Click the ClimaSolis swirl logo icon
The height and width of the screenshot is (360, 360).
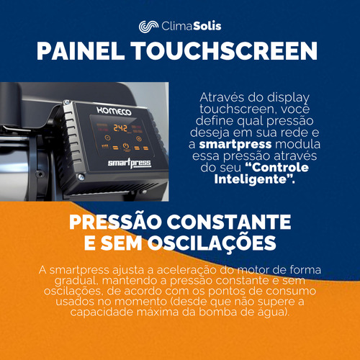point(148,26)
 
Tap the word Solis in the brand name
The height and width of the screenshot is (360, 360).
point(207,26)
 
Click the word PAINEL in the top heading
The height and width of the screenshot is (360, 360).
point(81,51)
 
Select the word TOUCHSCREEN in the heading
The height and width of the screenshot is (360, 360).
point(225,51)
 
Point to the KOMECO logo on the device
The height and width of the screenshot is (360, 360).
point(114,111)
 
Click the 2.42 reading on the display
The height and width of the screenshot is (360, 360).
point(120,128)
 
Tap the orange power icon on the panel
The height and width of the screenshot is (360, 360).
point(126,145)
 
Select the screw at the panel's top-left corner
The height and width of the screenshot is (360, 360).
point(67,103)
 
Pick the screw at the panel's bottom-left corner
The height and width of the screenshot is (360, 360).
point(81,177)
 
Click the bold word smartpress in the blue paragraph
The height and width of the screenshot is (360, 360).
point(235,144)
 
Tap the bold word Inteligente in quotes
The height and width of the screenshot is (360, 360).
point(251,179)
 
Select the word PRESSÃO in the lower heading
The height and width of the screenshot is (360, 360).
point(115,222)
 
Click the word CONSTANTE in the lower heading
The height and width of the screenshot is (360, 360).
point(229,222)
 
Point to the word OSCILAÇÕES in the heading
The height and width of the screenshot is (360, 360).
point(212,243)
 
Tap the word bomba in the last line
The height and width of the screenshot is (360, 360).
point(215,312)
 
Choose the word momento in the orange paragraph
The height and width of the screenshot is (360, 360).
point(140,302)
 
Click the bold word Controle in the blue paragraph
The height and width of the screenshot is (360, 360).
point(277,168)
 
